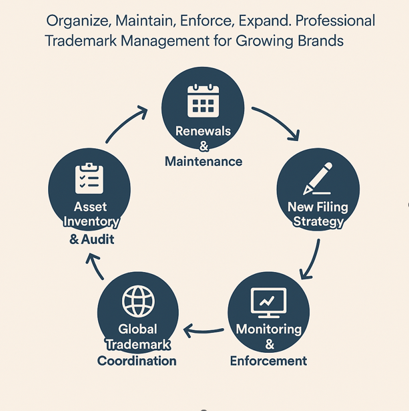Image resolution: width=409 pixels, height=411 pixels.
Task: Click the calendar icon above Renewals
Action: pos(203,101)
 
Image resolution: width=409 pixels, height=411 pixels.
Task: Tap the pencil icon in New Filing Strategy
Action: pos(318,178)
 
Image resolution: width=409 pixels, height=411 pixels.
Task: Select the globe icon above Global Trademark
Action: pos(138,301)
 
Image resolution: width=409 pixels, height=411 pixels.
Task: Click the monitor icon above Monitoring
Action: pos(268,303)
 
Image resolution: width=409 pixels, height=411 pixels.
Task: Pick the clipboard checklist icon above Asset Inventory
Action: pos(89,178)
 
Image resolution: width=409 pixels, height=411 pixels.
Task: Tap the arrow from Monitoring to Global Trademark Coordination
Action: pos(203,331)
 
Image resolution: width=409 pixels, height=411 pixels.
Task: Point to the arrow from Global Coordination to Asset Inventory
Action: pos(95,265)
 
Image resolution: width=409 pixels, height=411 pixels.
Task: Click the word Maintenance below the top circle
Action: pos(203,162)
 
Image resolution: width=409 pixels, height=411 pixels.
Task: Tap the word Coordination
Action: pos(137,361)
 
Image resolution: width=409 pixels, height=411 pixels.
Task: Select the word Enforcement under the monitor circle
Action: pos(268,361)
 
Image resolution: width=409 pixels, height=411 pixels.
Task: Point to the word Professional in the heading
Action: pos(335,21)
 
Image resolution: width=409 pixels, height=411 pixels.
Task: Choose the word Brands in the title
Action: pos(320,41)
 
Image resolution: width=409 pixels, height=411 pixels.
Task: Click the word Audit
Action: pos(97,239)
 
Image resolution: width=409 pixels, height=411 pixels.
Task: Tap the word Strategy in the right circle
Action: pos(318,222)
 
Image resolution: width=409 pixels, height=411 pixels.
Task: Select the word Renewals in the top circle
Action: pos(203,131)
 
